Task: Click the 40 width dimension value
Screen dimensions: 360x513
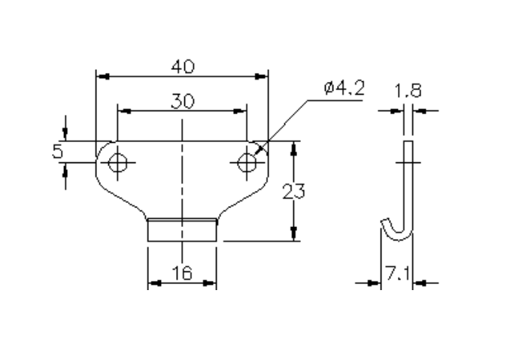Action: (x=182, y=66)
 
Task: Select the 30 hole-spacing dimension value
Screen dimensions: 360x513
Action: (x=181, y=101)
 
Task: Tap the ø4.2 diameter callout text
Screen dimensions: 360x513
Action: (x=344, y=89)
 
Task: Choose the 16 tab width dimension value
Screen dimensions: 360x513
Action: (x=181, y=274)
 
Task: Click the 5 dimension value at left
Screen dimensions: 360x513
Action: (x=58, y=151)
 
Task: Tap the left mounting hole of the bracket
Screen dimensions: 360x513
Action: (x=117, y=162)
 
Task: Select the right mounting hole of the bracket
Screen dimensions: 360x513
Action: (x=247, y=162)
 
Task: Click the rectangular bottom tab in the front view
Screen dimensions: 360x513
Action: (x=182, y=230)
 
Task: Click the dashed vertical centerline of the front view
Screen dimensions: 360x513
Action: (x=182, y=188)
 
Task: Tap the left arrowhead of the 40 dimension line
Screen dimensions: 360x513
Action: (x=101, y=76)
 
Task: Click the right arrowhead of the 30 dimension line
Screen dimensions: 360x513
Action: (x=242, y=111)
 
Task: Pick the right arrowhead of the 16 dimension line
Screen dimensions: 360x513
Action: (x=212, y=283)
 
